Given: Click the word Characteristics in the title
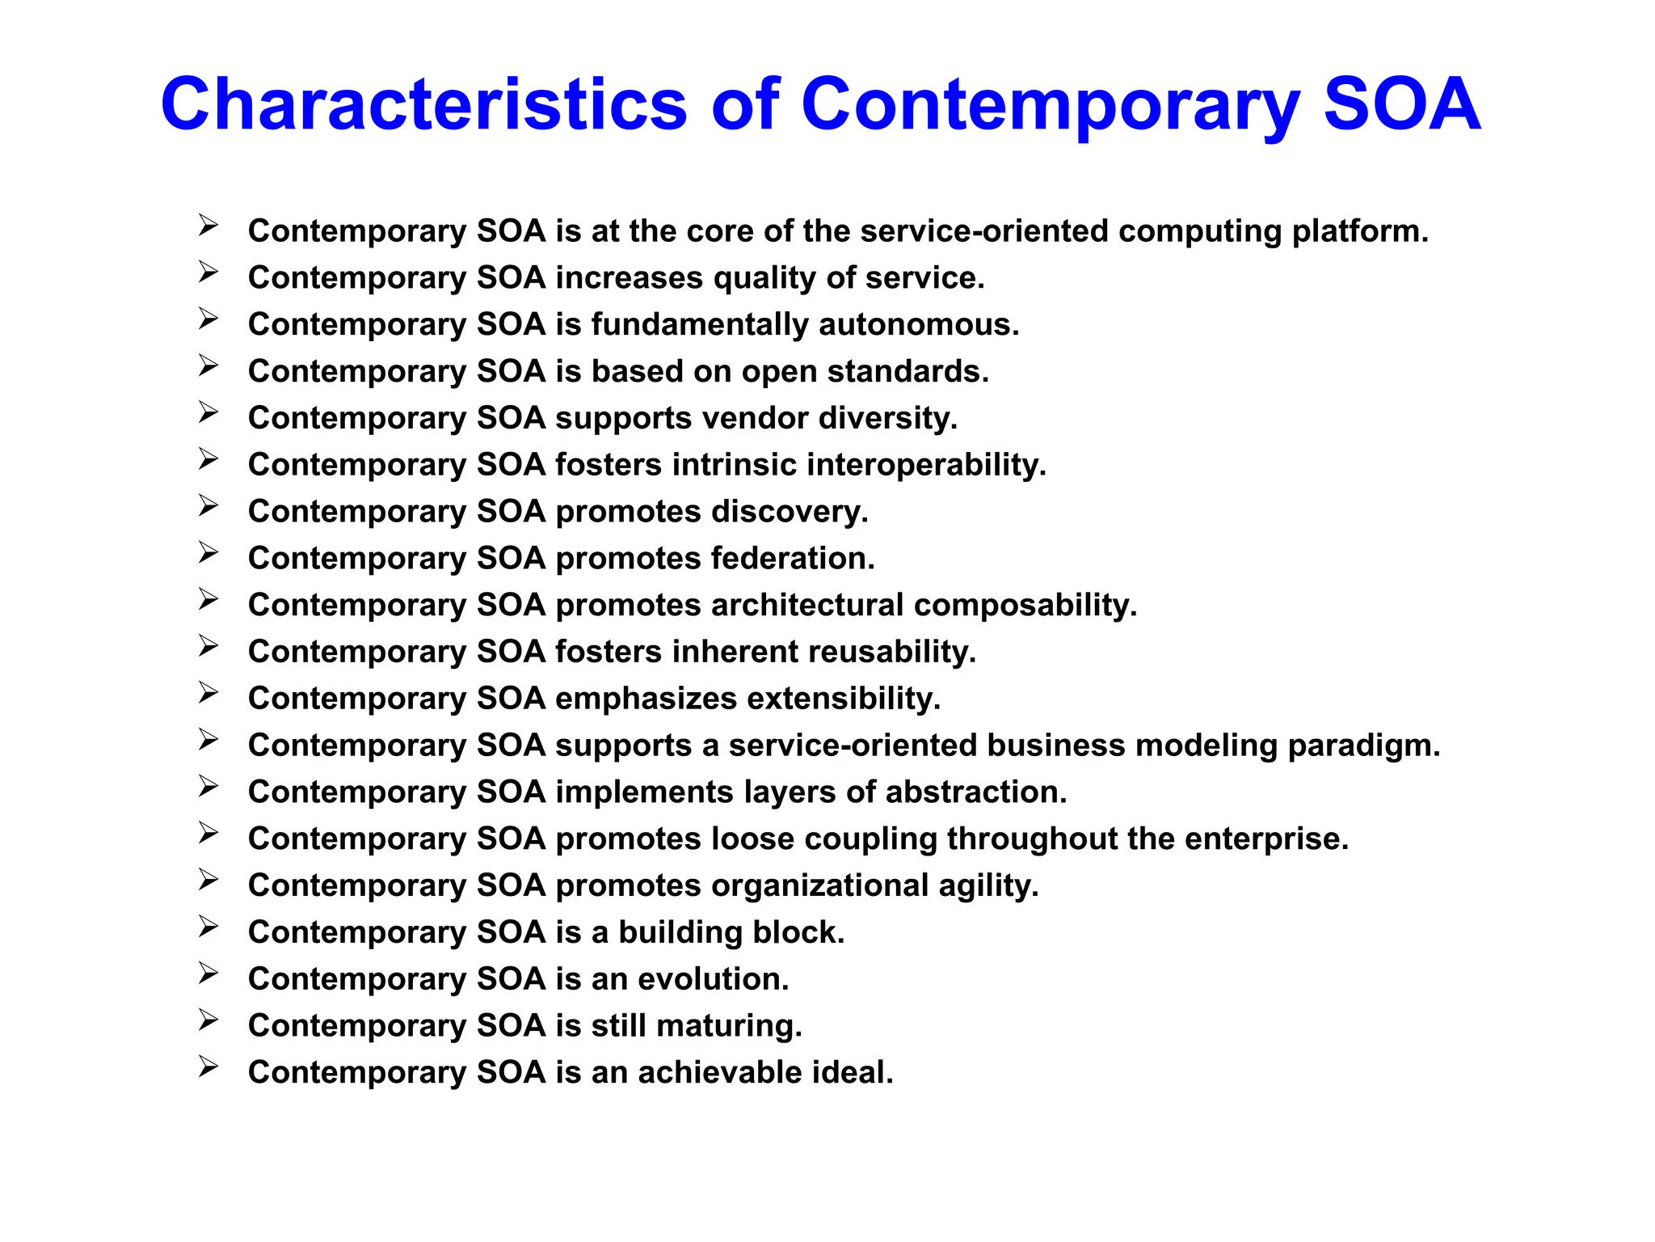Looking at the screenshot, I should pos(423,105).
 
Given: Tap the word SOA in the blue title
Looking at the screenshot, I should pos(1401,105).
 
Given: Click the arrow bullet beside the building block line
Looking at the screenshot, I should pos(208,927).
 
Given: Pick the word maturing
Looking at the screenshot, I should pos(729,1026).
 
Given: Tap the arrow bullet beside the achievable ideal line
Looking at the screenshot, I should pos(208,1067).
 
